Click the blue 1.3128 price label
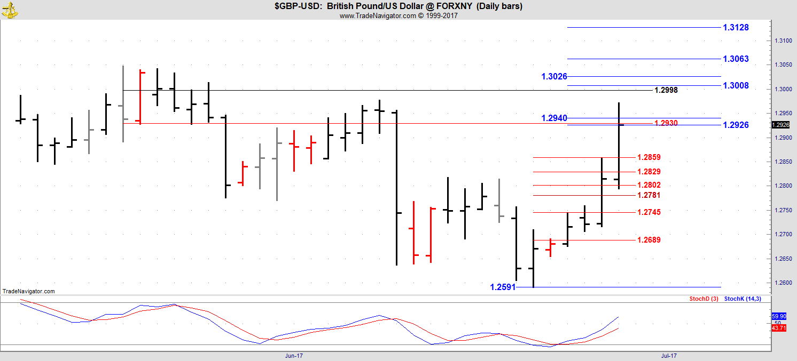(x=736, y=28)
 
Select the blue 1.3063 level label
(x=736, y=59)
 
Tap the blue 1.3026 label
(x=554, y=77)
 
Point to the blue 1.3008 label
(x=736, y=86)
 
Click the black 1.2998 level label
(x=666, y=91)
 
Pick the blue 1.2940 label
(x=554, y=118)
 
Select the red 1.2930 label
(x=666, y=123)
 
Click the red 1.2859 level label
(x=649, y=158)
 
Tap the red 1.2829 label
(x=649, y=172)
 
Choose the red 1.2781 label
(x=649, y=195)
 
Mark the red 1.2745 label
(x=649, y=213)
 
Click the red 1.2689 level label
(x=649, y=240)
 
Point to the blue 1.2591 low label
(x=503, y=287)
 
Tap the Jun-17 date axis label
(x=294, y=355)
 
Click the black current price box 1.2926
(x=780, y=125)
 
